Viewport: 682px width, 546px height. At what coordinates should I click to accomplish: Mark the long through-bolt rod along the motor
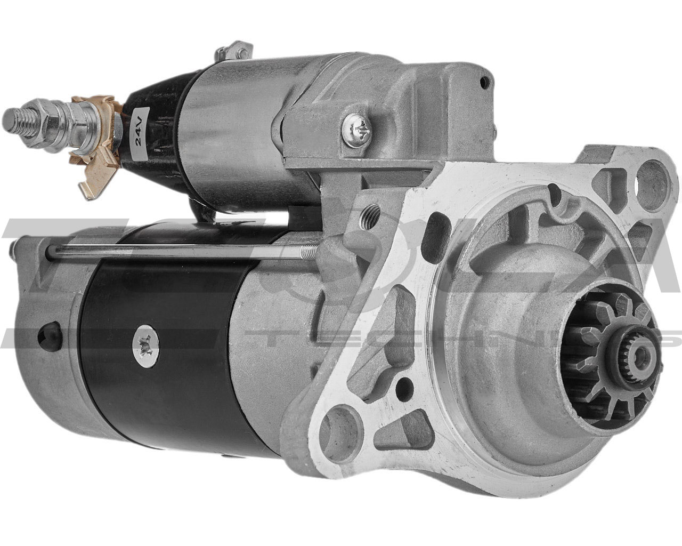coord(176,251)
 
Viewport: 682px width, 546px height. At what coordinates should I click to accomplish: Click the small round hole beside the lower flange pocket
coord(405,383)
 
